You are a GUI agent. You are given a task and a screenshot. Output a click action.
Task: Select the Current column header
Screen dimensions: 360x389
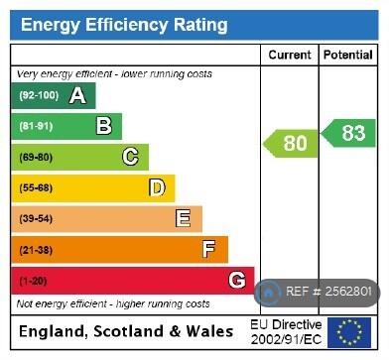pyautogui.click(x=289, y=56)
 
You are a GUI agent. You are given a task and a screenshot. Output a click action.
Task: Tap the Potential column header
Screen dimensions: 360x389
pyautogui.click(x=347, y=56)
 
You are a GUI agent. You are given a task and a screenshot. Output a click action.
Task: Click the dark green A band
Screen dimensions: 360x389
pyautogui.click(x=54, y=96)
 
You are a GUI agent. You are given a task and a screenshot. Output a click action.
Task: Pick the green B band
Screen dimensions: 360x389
pyautogui.click(x=66, y=126)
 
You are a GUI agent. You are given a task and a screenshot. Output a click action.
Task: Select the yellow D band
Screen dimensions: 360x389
pyautogui.click(x=93, y=187)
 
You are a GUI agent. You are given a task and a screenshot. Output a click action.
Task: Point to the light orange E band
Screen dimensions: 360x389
pyautogui.click(x=106, y=218)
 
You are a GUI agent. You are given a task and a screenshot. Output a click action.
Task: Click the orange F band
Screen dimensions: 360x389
pyautogui.click(x=119, y=249)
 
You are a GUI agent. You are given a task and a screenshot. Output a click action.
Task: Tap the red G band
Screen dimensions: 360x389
pyautogui.click(x=133, y=280)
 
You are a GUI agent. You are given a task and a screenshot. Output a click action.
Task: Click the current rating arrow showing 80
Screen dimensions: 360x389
pyautogui.click(x=288, y=144)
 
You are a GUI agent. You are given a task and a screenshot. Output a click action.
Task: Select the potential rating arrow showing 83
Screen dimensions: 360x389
pyautogui.click(x=347, y=132)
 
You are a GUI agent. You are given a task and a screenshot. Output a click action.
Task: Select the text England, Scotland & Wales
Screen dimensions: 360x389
pyautogui.click(x=126, y=331)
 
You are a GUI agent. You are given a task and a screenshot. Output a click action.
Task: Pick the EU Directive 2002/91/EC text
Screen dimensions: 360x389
pyautogui.click(x=285, y=332)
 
